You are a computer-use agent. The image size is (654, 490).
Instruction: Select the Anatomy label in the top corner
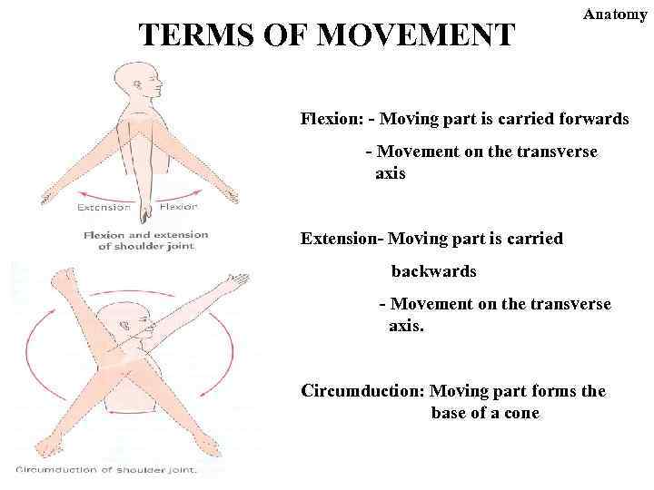[615, 15]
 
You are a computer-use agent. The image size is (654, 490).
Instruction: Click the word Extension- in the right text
[342, 239]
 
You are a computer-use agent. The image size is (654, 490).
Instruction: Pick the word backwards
[433, 271]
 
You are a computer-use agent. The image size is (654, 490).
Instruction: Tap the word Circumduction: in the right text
[362, 391]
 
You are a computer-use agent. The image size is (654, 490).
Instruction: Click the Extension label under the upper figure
[104, 207]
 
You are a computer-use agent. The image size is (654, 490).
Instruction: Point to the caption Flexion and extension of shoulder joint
[145, 240]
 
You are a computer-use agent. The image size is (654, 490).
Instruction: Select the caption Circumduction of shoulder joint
[106, 469]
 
